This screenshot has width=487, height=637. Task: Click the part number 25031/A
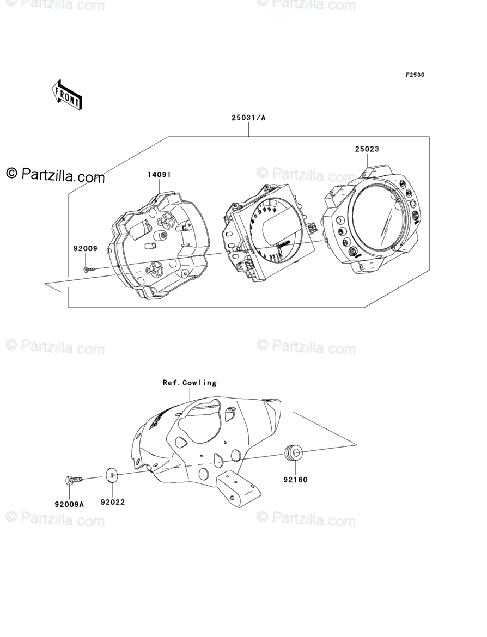(248, 117)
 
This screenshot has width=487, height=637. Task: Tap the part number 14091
(159, 175)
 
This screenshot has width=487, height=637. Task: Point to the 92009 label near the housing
(86, 248)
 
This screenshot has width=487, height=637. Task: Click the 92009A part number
(69, 504)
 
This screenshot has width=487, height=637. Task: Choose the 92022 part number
(112, 502)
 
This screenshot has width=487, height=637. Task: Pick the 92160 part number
(295, 480)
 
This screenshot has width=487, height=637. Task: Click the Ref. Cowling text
(190, 383)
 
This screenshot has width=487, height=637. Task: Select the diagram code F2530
(414, 75)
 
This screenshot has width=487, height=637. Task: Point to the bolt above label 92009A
(74, 480)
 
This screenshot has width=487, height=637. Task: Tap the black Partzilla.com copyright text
(56, 175)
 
